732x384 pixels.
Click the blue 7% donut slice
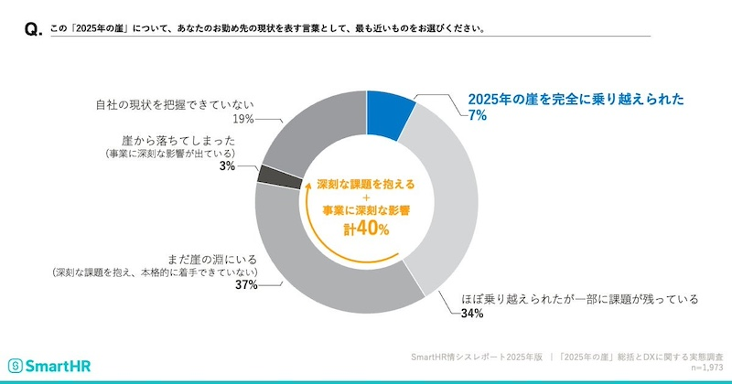tap(388, 115)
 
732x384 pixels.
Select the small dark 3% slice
tap(269, 175)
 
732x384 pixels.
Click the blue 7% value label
tap(476, 116)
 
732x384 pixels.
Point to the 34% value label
tap(472, 314)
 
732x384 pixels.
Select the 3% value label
tap(227, 167)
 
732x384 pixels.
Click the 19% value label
tap(242, 119)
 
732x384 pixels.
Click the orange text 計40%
tap(366, 229)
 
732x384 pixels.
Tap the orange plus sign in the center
tap(366, 197)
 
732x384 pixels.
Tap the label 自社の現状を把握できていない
tap(175, 103)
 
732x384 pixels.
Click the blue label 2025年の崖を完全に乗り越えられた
tap(576, 100)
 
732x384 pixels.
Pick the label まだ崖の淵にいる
tap(214, 259)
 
